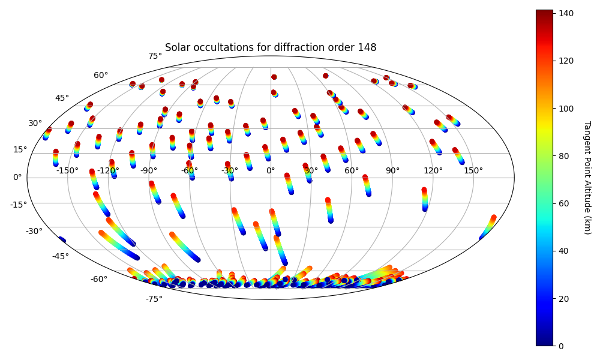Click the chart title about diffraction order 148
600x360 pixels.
(x=271, y=47)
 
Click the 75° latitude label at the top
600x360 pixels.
(x=155, y=56)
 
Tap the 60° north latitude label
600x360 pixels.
(x=101, y=75)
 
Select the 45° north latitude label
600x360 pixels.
(x=62, y=98)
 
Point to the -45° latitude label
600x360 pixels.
(x=60, y=256)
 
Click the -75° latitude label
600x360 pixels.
(x=154, y=299)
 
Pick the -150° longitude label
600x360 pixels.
(x=67, y=170)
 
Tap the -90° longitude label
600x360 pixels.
(x=149, y=170)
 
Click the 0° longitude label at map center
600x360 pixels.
(x=271, y=170)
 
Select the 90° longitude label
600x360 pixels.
(x=392, y=170)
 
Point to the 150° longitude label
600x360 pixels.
(x=473, y=170)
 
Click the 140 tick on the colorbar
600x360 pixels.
(x=566, y=13)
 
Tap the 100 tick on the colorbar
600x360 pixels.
(x=566, y=108)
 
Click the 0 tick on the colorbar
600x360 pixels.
(x=562, y=346)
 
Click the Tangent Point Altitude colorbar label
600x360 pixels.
(x=586, y=178)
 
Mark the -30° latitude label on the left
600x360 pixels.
(x=34, y=231)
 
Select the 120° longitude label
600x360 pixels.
(x=433, y=170)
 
